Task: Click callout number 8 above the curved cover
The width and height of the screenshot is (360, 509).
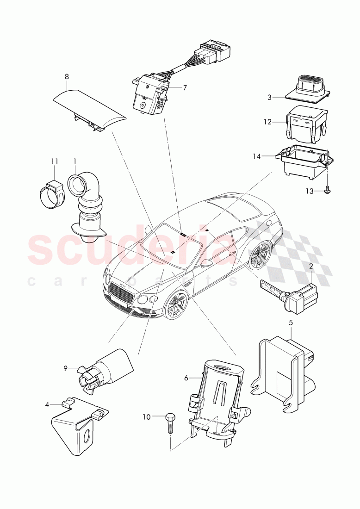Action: tap(67, 76)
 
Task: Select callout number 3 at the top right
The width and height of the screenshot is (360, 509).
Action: tap(269, 97)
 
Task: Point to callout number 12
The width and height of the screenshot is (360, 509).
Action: tap(267, 122)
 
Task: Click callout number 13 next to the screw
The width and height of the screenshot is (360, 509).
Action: tap(309, 191)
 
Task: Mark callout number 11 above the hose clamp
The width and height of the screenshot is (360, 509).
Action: tap(55, 161)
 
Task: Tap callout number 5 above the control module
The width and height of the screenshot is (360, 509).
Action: tap(291, 322)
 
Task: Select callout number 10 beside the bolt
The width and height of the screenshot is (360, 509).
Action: tap(147, 417)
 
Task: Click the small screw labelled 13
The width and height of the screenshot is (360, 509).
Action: tap(328, 188)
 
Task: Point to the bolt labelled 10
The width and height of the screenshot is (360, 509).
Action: tap(169, 422)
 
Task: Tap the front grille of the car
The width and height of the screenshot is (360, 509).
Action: tap(122, 293)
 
